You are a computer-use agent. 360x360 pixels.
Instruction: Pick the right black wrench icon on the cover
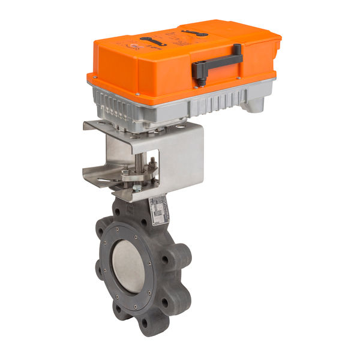tap(196, 32)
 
